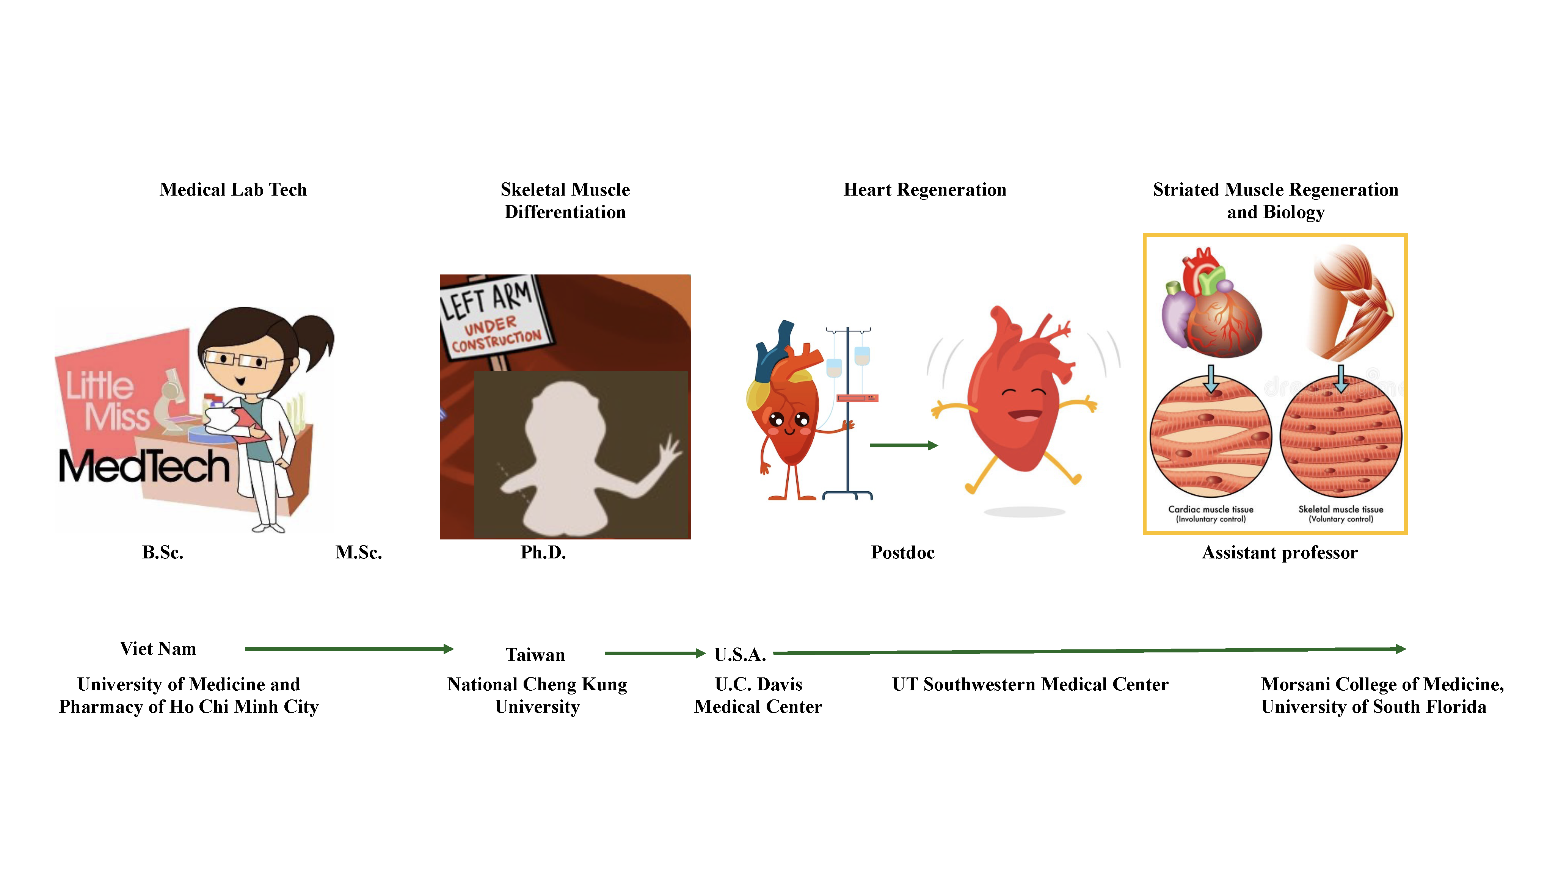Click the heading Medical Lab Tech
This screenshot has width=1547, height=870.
coord(233,190)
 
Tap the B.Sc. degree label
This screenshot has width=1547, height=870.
coord(163,552)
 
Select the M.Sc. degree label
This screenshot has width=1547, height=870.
coord(359,552)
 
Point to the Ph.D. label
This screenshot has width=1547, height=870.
coord(543,552)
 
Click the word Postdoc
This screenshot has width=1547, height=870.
coord(903,552)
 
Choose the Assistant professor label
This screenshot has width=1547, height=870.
coord(1280,552)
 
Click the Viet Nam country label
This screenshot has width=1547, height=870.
coord(158,649)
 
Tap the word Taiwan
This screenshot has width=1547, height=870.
coord(535,654)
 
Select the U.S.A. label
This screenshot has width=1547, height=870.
coord(740,654)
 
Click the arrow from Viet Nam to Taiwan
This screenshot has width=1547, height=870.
coord(348,649)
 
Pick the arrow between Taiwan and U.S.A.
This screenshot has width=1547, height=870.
coord(654,653)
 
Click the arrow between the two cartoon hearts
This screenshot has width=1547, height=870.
coord(903,445)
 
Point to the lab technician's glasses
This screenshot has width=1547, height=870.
coord(235,360)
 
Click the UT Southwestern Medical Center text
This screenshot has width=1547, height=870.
coord(1030,685)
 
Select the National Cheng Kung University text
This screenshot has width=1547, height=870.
coord(537,695)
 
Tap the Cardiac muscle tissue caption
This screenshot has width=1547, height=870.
coord(1211,513)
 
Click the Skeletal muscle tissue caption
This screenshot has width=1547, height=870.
coord(1340,513)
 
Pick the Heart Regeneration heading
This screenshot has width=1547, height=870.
coord(925,190)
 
